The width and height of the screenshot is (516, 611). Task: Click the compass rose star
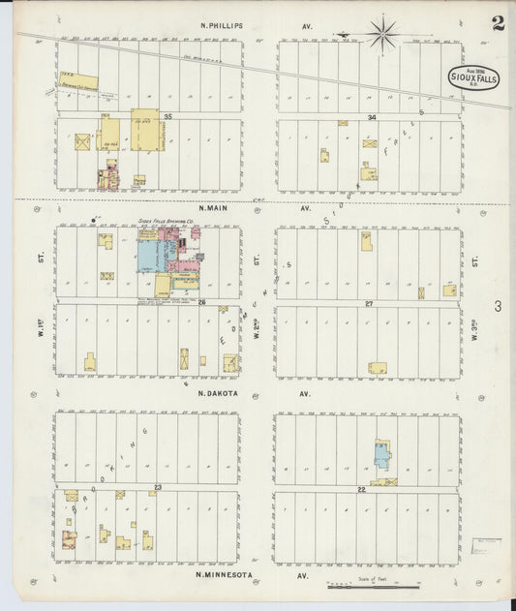[383, 35]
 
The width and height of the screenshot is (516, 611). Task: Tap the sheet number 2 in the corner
[497, 23]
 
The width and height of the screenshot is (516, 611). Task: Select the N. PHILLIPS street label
[223, 26]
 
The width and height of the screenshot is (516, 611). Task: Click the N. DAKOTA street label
[217, 394]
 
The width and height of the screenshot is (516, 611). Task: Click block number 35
[167, 117]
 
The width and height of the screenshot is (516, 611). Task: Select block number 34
[371, 117]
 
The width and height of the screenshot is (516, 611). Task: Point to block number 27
[369, 304]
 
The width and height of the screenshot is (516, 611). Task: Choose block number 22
[360, 490]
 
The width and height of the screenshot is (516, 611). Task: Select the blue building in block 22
[382, 455]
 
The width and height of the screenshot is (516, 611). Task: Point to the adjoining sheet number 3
[497, 307]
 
